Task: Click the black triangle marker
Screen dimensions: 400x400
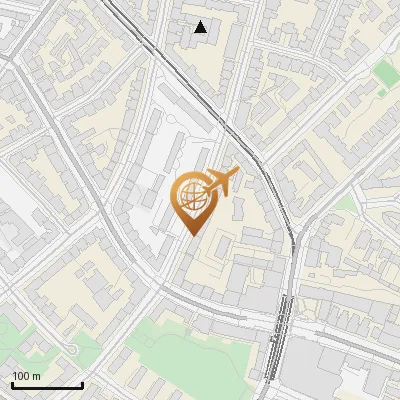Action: [201, 27]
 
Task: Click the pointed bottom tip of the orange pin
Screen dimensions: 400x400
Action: [193, 234]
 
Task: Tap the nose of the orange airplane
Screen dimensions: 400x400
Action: [238, 171]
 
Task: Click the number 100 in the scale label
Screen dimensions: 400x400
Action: [21, 376]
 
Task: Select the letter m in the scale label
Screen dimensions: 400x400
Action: [37, 376]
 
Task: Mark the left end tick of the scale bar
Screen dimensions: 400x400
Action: [12, 385]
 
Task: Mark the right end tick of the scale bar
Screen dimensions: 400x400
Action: [82, 385]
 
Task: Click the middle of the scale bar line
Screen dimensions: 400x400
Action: [47, 386]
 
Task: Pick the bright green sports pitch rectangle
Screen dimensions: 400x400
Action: [385, 72]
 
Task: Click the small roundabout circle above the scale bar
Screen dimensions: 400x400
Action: [72, 349]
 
